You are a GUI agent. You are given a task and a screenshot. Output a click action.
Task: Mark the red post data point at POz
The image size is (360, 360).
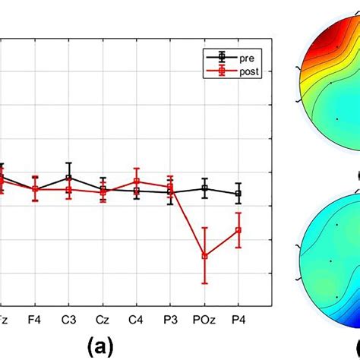204,256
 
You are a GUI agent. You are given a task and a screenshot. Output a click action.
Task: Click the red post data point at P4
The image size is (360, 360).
238,230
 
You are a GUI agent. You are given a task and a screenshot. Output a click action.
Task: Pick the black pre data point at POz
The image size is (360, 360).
204,188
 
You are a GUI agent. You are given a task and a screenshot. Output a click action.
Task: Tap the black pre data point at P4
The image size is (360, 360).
238,194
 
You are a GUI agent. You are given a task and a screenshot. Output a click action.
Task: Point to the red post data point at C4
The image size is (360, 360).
137,182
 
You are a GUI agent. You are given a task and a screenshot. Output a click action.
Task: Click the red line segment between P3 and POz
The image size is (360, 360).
188,221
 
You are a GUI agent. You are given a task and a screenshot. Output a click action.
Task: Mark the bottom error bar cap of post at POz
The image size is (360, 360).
204,283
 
